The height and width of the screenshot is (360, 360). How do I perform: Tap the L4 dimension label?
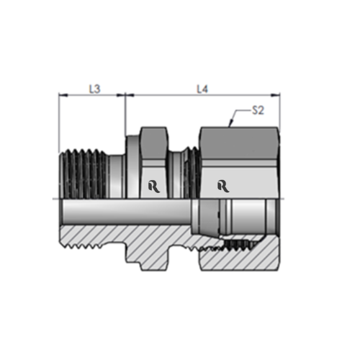coord(203,89)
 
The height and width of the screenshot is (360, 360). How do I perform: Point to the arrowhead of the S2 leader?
coord(229,126)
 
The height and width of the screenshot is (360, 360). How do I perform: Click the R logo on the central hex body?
coord(152,186)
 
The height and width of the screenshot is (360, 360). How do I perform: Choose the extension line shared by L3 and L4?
coord(126,115)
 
